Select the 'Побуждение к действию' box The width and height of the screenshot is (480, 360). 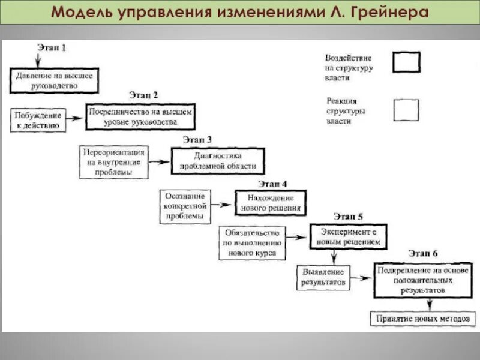(38, 120)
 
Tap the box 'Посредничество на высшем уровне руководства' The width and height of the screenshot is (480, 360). (141, 116)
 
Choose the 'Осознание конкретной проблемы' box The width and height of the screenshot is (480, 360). (185, 206)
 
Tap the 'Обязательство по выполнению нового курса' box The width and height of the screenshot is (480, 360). (252, 243)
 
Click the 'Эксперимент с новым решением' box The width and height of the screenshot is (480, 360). (348, 235)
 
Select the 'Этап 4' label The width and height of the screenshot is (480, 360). (273, 184)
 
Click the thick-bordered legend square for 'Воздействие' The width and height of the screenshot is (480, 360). (406, 62)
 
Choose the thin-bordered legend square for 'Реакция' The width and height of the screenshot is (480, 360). (406, 110)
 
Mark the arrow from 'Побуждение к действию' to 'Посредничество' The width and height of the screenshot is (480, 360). (76, 119)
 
